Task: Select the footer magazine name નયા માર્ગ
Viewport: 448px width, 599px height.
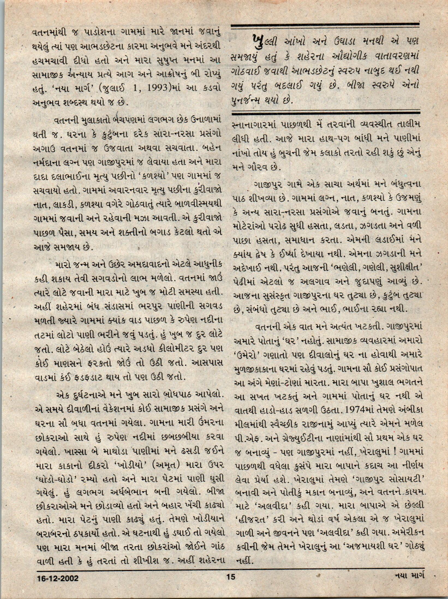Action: click(x=409, y=583)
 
